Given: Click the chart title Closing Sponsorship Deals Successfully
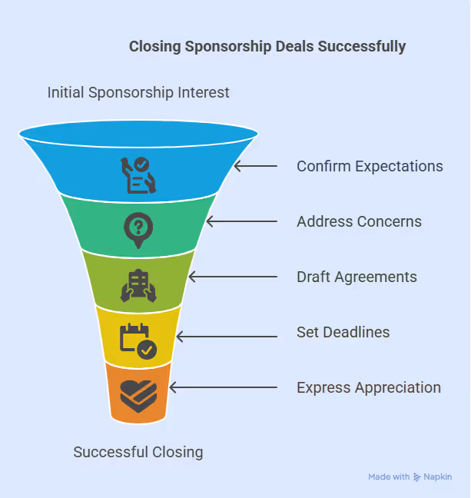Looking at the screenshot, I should (267, 47).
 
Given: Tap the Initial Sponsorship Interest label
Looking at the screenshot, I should (138, 93).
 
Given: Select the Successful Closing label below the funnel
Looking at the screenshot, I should (138, 452).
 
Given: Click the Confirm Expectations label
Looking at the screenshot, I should (370, 166).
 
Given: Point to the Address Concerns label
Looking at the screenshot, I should (359, 221).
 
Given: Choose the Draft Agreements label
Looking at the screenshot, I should (357, 277).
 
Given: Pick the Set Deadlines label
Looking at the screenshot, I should (343, 333).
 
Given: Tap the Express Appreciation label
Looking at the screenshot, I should (369, 388).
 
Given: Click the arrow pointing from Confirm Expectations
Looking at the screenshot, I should (254, 166).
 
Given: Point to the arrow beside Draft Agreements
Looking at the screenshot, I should (232, 277).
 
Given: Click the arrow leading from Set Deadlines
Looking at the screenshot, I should (226, 336).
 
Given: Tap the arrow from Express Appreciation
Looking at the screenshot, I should (222, 388).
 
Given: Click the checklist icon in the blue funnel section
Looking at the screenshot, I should (138, 174).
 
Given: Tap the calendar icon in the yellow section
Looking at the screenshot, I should (138, 340).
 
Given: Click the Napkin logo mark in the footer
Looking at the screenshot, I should (417, 477).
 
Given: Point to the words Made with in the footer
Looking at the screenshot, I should (389, 477).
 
